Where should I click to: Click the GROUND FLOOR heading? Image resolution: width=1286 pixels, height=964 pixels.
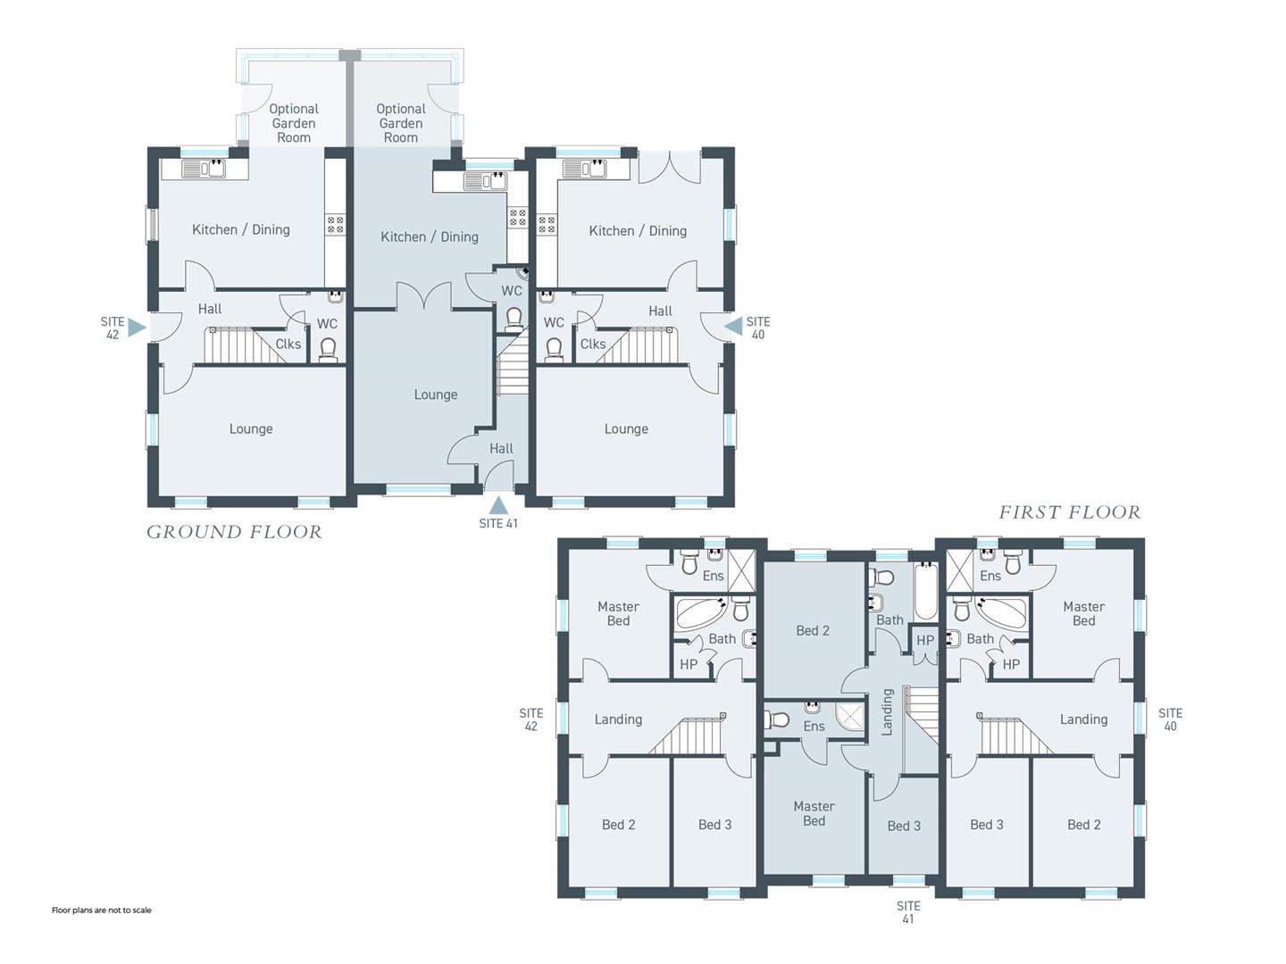(x=234, y=532)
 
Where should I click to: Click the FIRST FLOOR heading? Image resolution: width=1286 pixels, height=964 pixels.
(x=1070, y=512)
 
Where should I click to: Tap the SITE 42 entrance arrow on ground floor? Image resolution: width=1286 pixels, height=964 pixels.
(x=137, y=328)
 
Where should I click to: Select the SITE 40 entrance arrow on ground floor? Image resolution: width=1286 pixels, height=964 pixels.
(x=733, y=327)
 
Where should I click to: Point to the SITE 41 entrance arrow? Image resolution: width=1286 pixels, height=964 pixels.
(x=498, y=504)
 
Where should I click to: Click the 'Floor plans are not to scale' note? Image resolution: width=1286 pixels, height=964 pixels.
(x=101, y=910)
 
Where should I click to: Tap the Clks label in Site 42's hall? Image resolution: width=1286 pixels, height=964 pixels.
(x=288, y=345)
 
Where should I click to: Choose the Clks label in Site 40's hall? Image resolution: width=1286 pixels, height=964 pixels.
(x=593, y=345)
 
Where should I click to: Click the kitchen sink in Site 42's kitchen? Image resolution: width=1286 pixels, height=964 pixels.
(x=204, y=169)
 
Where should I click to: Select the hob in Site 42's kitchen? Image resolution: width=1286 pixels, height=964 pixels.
(x=336, y=224)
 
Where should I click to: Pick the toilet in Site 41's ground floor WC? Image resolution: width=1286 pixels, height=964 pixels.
(x=514, y=319)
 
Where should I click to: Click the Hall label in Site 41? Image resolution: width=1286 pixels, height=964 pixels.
(x=501, y=449)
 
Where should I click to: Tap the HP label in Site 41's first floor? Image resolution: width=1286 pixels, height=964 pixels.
(x=925, y=641)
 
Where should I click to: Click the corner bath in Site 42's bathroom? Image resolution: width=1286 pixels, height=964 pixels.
(x=702, y=613)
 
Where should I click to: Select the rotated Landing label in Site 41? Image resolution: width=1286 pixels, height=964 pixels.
(x=887, y=711)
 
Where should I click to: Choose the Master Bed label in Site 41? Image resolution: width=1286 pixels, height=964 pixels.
(x=814, y=813)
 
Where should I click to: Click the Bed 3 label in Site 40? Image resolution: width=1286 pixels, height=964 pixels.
(x=987, y=825)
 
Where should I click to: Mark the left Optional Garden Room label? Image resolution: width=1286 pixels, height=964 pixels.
(x=294, y=123)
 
